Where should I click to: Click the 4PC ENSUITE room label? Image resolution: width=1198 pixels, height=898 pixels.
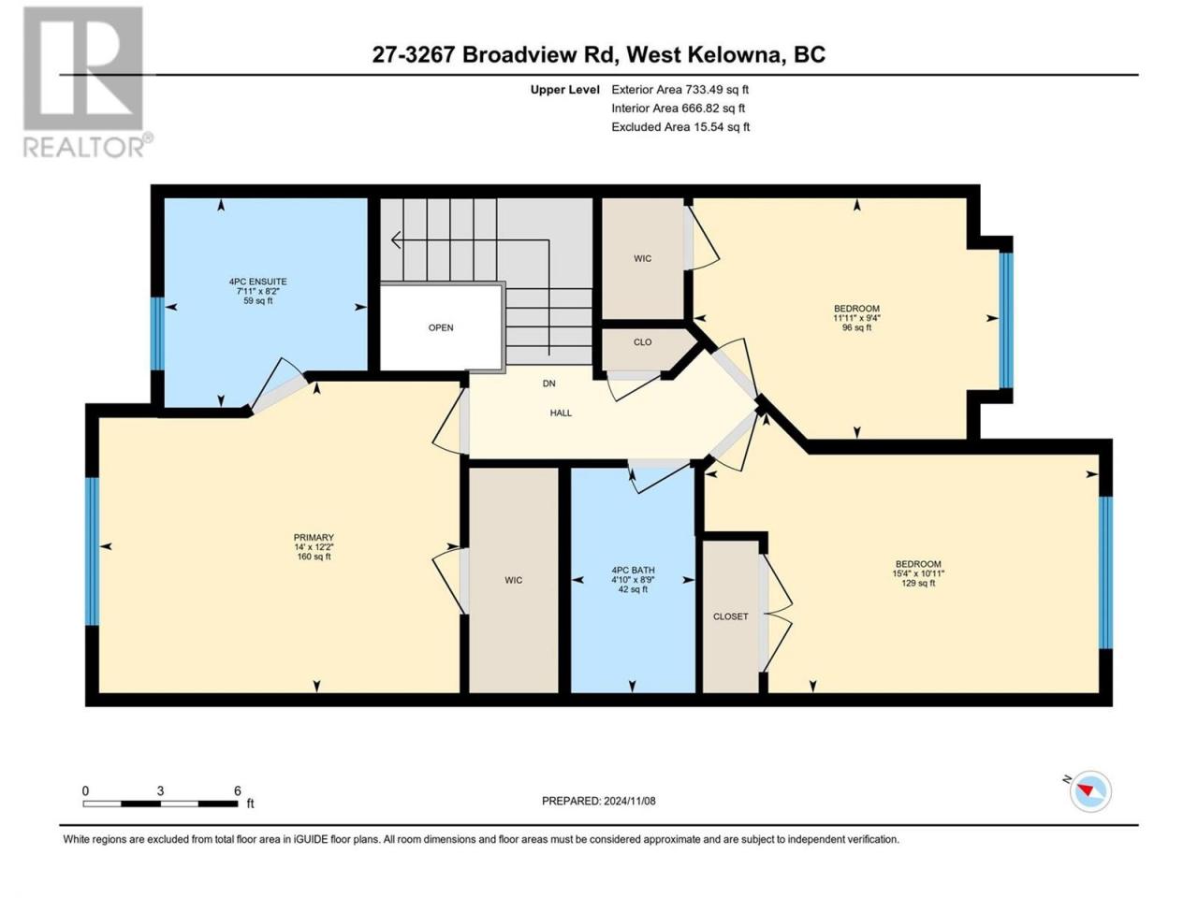coord(257,282)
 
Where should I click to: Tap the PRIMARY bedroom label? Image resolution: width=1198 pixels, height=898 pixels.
coord(314,537)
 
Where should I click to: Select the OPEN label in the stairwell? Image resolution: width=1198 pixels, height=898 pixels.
coord(441,327)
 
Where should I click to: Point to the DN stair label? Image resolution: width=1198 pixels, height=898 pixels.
coord(549,384)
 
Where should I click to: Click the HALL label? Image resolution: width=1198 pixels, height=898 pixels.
coord(561,413)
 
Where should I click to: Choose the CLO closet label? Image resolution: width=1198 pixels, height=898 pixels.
coord(642,341)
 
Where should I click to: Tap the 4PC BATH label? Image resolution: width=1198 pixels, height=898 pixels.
coord(633,570)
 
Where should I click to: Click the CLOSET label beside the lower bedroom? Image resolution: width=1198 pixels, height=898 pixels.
coord(730,616)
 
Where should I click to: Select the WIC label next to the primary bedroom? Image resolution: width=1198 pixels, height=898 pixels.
coord(513,580)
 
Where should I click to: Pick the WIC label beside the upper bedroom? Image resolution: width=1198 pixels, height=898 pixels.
coord(642,258)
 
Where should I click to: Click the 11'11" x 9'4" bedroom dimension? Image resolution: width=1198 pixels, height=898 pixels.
coord(856,318)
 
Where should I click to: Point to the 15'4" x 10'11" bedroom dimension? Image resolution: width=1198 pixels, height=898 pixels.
coord(918,573)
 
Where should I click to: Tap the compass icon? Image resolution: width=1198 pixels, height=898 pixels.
coord(1090,791)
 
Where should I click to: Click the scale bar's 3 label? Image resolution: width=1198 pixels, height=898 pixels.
coord(160,790)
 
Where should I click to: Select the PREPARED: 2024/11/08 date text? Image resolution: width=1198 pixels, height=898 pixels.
coord(598,801)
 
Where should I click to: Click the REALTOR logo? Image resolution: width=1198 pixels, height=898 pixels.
coord(87,82)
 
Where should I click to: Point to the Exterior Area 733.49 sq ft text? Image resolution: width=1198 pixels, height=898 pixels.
coord(680,90)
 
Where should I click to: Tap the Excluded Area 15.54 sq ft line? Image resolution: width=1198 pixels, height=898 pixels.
coord(680,127)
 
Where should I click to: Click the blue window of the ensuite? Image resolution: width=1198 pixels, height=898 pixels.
coord(157,333)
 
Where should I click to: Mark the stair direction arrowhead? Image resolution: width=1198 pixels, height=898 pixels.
coord(395,239)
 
